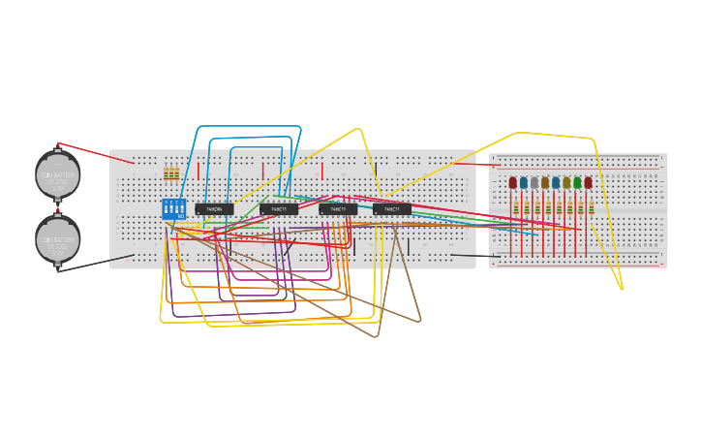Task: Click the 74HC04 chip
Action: [x=214, y=209]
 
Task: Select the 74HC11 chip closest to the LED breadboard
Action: [x=392, y=209]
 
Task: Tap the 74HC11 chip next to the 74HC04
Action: [x=279, y=209]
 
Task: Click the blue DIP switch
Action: [x=173, y=207]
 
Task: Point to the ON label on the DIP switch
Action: [x=180, y=216]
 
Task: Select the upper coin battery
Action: [x=57, y=174]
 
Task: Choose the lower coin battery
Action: [x=57, y=238]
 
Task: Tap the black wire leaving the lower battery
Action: [x=97, y=263]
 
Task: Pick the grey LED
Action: [x=534, y=182]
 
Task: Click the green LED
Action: [x=577, y=182]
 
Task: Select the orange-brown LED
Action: [x=545, y=182]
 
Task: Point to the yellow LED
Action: [x=566, y=182]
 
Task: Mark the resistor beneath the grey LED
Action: [x=535, y=208]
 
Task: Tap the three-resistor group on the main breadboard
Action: [x=171, y=174]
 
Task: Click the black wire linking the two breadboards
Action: [x=474, y=256]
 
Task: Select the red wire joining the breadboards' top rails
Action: [x=474, y=164]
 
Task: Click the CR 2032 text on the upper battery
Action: [x=57, y=180]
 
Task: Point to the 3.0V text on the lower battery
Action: [x=57, y=252]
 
